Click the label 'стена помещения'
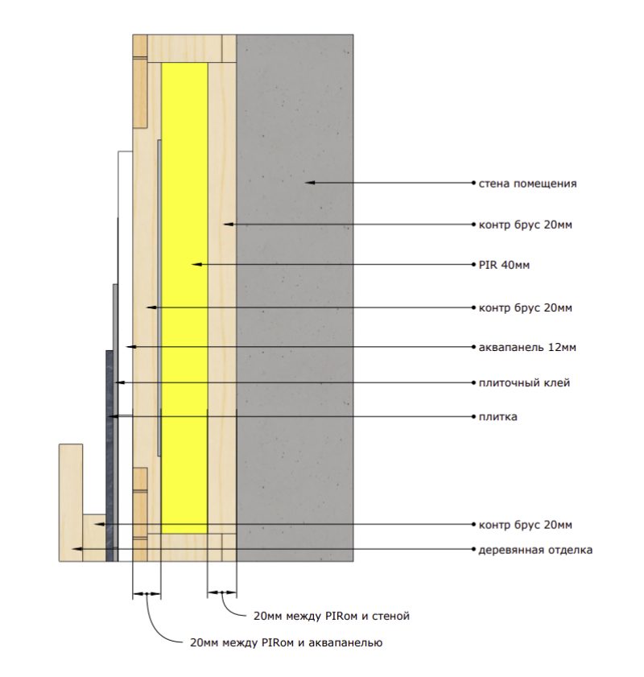pyautogui.click(x=527, y=184)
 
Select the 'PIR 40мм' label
pyautogui.click(x=504, y=265)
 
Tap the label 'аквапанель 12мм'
pyautogui.click(x=527, y=347)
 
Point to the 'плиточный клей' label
pyautogui.click(x=524, y=383)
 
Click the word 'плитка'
pyautogui.click(x=497, y=417)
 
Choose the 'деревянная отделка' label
pyautogui.click(x=535, y=550)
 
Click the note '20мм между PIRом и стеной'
pyautogui.click(x=332, y=616)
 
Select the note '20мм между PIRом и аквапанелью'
pyautogui.click(x=286, y=643)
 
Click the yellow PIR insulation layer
pyautogui.click(x=184, y=298)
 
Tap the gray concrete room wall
pyautogui.click(x=295, y=298)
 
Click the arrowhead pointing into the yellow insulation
pyautogui.click(x=196, y=264)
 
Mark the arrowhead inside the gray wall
pyautogui.click(x=310, y=183)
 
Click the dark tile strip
pyautogui.click(x=109, y=456)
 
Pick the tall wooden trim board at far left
pyautogui.click(x=70, y=502)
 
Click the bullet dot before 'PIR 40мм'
pyautogui.click(x=473, y=265)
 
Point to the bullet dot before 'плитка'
pyautogui.click(x=473, y=417)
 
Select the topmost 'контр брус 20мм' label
pyautogui.click(x=526, y=225)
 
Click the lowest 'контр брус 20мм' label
pyautogui.click(x=526, y=525)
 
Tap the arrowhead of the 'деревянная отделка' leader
pyautogui.click(x=76, y=549)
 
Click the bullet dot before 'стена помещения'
pyautogui.click(x=473, y=183)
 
